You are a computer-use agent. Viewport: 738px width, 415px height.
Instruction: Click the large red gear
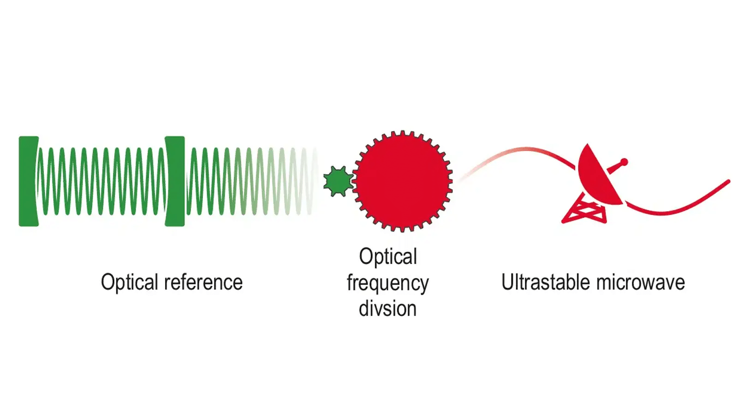403,181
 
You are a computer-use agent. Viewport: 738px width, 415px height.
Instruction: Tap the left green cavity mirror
28,181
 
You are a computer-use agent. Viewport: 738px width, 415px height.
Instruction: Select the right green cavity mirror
175,181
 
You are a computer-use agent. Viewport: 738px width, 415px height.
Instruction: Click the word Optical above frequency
388,257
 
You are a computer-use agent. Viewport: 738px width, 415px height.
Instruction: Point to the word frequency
388,283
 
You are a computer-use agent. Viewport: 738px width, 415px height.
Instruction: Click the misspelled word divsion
388,308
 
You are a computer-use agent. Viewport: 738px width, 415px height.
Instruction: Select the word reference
203,282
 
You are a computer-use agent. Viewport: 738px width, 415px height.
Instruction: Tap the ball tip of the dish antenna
624,162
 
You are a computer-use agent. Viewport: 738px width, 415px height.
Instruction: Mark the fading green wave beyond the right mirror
252,181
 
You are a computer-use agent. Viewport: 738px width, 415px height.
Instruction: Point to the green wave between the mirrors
102,181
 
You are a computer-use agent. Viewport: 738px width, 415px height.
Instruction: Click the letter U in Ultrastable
508,282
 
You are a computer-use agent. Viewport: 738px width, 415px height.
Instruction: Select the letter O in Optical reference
108,282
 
